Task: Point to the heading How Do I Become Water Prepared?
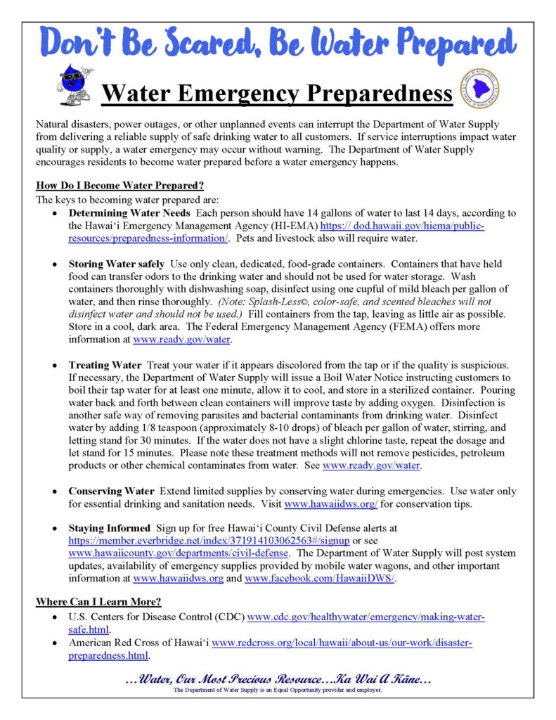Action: tap(119, 186)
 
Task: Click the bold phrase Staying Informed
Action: tap(109, 528)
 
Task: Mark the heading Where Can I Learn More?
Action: tap(98, 602)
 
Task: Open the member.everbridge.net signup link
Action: tap(209, 541)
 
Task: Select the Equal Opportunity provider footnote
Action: tap(278, 690)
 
